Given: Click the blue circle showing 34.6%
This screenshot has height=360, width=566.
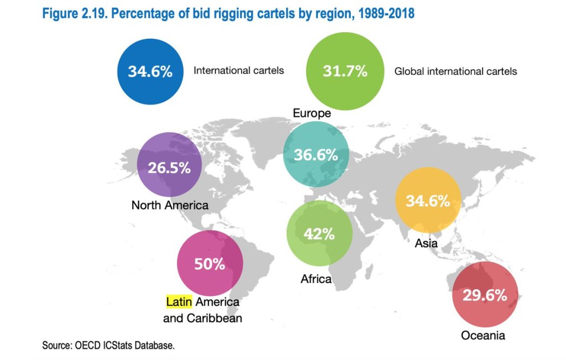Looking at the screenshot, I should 150,72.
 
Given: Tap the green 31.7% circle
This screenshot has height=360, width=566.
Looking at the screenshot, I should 345,71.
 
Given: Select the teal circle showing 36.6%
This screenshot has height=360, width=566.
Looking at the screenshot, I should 316,155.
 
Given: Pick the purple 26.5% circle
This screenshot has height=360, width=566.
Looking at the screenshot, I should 169,168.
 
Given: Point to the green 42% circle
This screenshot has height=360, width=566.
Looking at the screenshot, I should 319,233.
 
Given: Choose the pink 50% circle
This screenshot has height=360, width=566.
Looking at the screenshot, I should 209,264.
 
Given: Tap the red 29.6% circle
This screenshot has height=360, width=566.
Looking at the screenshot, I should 485,295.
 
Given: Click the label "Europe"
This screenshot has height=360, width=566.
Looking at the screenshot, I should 312,113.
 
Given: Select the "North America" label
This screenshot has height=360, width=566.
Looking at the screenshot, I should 170,205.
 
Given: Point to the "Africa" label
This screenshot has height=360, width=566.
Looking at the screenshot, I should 316,279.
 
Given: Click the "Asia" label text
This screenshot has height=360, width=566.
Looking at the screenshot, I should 426,243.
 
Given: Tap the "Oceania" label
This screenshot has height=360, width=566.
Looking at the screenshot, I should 483,335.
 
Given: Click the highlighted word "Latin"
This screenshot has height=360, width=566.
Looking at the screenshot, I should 178,302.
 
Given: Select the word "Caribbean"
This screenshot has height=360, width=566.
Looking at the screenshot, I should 216,319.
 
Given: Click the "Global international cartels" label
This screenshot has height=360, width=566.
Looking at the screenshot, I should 455,71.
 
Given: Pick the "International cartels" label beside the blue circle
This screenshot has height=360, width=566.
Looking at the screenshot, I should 238,71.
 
